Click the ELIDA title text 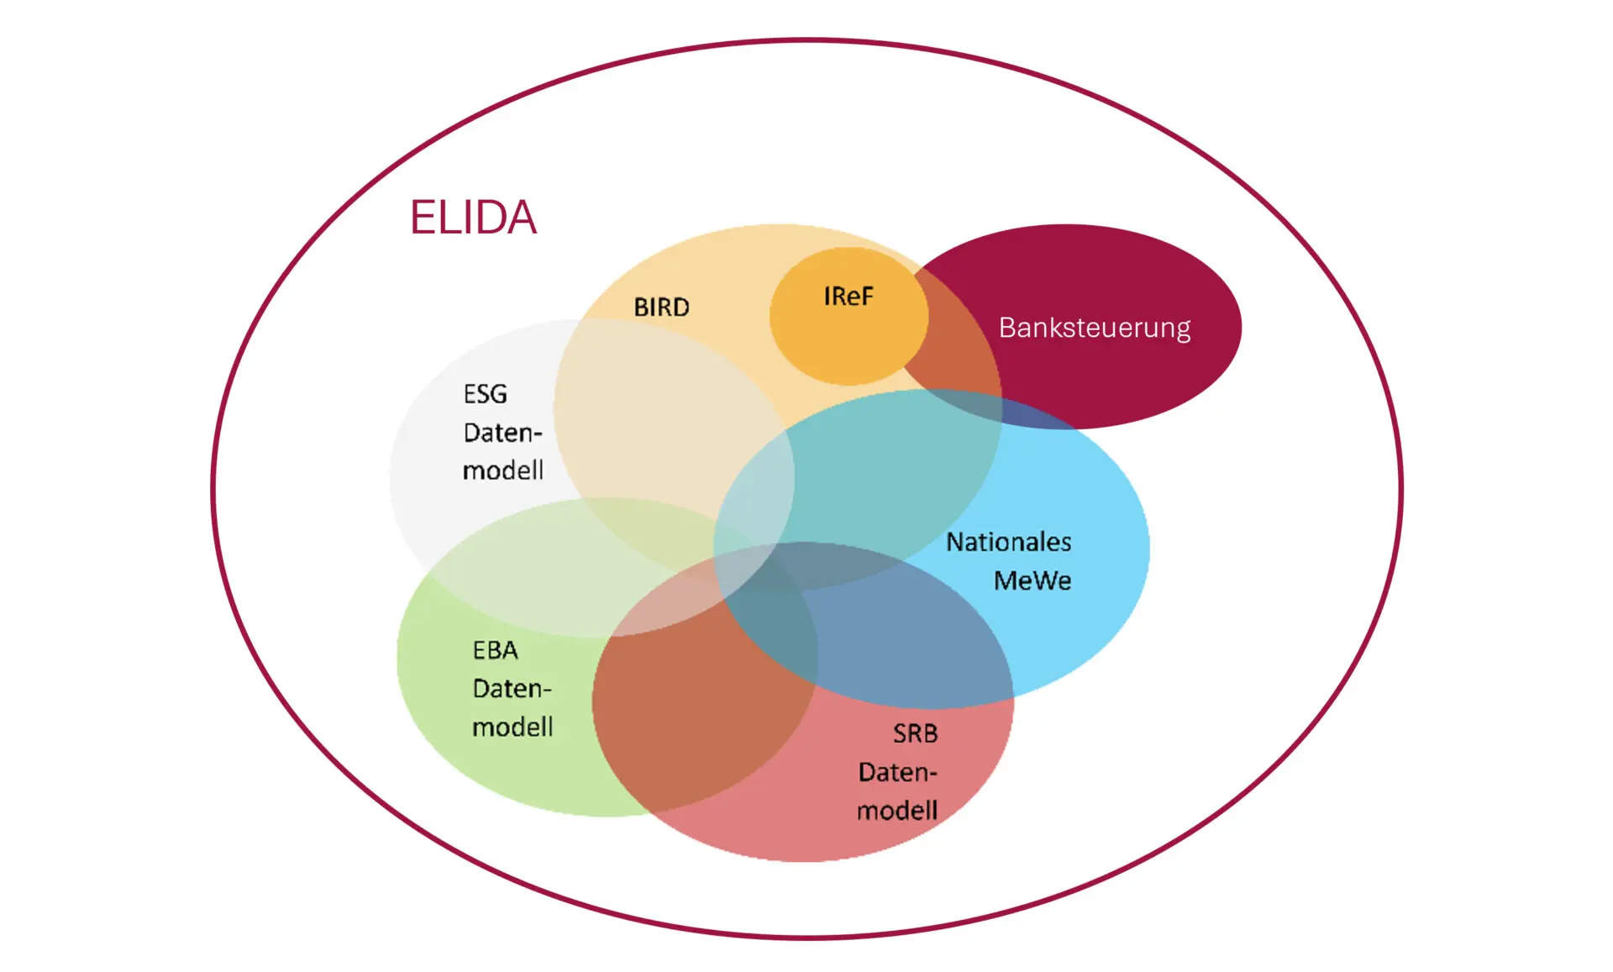[473, 218]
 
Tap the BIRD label [661, 307]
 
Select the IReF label [849, 297]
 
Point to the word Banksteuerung [1094, 328]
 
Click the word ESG [485, 394]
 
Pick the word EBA [495, 650]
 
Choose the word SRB [915, 733]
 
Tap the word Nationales [1008, 542]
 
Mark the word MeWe [1032, 581]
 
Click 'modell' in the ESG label [502, 470]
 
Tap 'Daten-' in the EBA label [512, 689]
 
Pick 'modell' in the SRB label [896, 811]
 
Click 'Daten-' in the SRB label [896, 772]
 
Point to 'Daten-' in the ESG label [502, 433]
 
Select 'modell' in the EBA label [512, 727]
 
